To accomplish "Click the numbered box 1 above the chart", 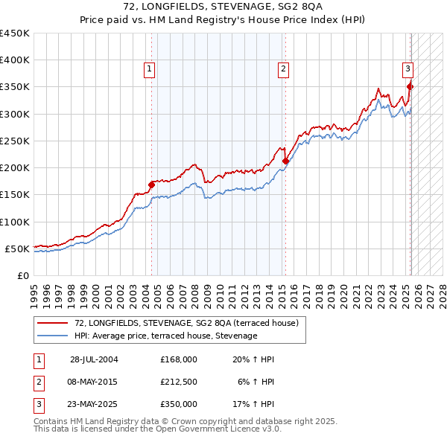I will click(150, 69).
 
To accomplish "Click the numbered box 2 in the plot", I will click(284, 69).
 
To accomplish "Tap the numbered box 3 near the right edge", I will click(408, 69).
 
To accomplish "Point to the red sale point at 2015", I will click(285, 161).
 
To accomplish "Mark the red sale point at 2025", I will click(410, 87).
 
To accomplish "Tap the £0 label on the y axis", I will click(22, 275).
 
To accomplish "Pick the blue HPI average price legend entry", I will click(165, 336).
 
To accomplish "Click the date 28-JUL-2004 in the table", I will click(94, 359).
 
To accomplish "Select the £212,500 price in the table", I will click(178, 382).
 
